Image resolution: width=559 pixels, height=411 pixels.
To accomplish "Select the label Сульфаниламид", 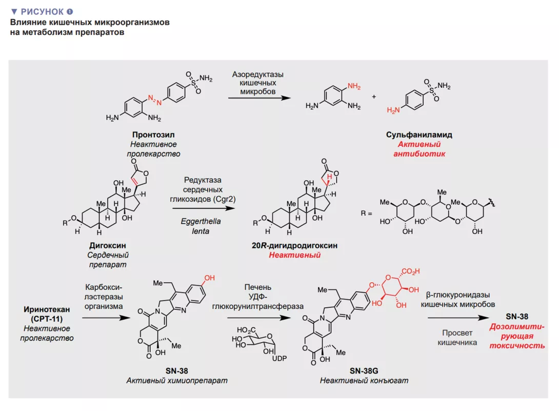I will point(419,135).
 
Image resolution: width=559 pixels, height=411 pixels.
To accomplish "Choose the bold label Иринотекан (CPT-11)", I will point(47,314).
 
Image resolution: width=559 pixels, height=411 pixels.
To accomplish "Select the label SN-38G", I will point(365,371).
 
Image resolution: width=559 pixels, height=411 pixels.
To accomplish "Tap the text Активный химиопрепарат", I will point(177,380).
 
